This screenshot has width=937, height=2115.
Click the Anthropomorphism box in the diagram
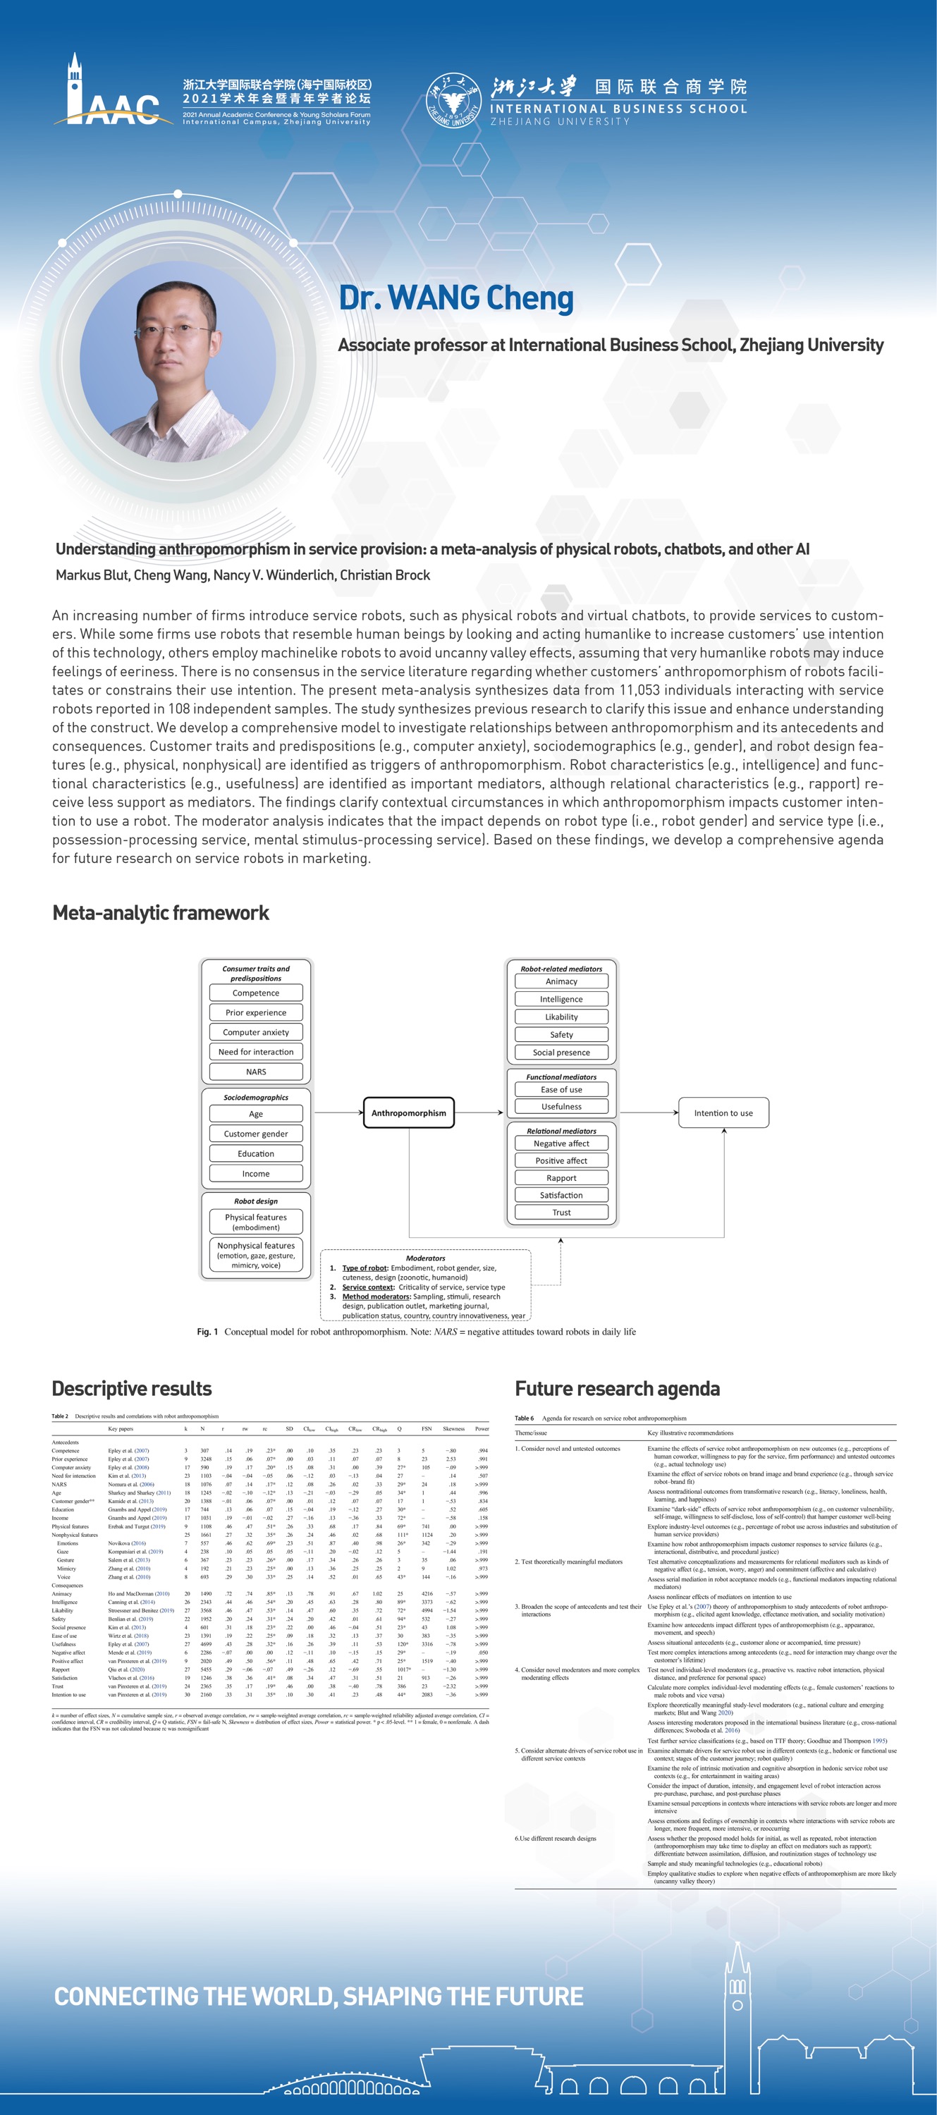[x=408, y=1112]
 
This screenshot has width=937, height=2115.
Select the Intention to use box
[x=723, y=1112]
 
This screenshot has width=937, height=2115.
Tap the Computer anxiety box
[x=255, y=1032]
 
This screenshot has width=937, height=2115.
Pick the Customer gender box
[x=255, y=1134]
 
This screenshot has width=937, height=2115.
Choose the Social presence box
[x=561, y=1053]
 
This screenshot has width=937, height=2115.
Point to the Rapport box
[x=561, y=1178]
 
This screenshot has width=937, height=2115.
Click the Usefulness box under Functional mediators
[x=561, y=1107]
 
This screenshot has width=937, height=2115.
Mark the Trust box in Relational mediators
[x=561, y=1213]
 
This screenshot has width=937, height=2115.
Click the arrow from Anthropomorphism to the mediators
[x=479, y=1112]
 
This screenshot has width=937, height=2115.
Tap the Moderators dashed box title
[x=425, y=1258]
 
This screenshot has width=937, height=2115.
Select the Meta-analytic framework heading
[x=161, y=913]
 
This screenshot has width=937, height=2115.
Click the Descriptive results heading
[x=131, y=1388]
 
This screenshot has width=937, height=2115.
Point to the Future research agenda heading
[x=617, y=1388]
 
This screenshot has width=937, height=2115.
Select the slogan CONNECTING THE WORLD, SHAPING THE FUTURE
[x=319, y=1997]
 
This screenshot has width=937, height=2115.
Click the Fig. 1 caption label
[x=207, y=1332]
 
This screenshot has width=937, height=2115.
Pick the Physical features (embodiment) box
[x=255, y=1222]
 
